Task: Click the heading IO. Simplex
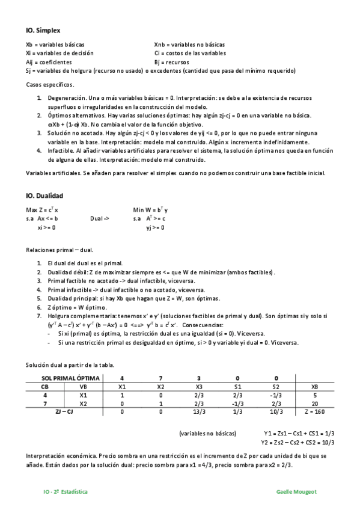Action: click(x=43, y=30)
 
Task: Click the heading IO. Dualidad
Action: click(x=44, y=195)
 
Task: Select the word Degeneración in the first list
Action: click(x=64, y=97)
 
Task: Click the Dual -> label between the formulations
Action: click(x=99, y=219)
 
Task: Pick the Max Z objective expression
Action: click(x=42, y=210)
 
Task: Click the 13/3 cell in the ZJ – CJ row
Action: click(x=199, y=413)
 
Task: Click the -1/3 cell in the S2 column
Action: click(x=275, y=396)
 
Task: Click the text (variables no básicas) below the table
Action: click(x=207, y=433)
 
